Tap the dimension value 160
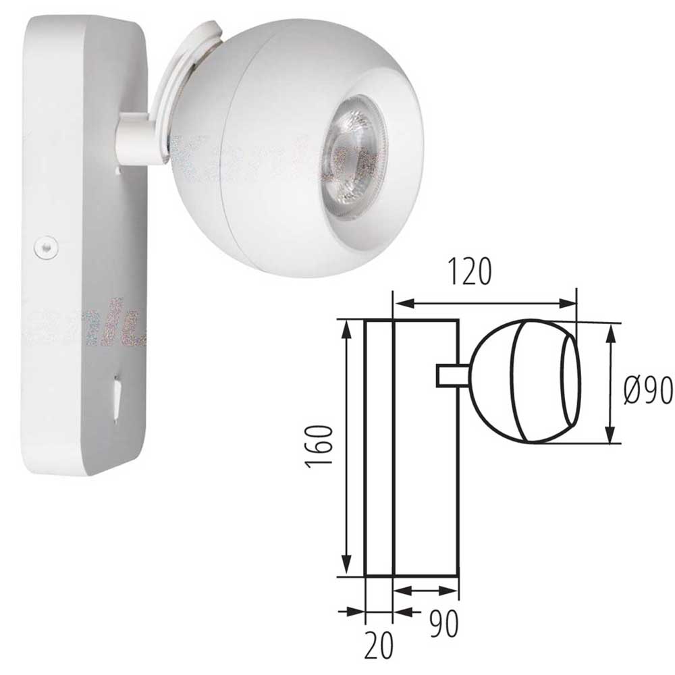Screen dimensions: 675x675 pos(317,447)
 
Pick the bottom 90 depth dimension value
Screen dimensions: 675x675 pos(443,624)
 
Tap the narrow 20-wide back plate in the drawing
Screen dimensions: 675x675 pos(379,449)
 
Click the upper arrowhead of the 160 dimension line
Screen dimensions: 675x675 pos(347,329)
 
